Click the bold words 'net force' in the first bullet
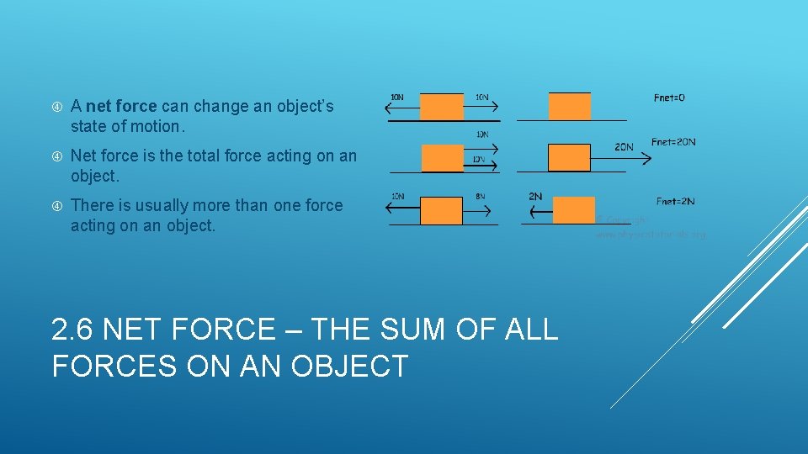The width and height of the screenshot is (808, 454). click(121, 107)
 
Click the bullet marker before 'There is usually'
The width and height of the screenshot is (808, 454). click(57, 205)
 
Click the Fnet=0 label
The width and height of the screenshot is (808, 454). click(669, 98)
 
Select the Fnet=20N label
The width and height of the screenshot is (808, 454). click(673, 141)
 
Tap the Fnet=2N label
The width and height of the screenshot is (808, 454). click(675, 201)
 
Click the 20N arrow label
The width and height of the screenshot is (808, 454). click(624, 147)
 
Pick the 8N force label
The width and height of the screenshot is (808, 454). click(481, 197)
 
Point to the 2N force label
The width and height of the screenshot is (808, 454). click(535, 197)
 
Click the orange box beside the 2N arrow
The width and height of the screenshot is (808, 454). click(574, 210)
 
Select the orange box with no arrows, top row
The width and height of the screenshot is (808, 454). click(570, 106)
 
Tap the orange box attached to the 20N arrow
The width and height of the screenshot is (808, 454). click(570, 157)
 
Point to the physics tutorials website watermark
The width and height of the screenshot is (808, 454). click(650, 235)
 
